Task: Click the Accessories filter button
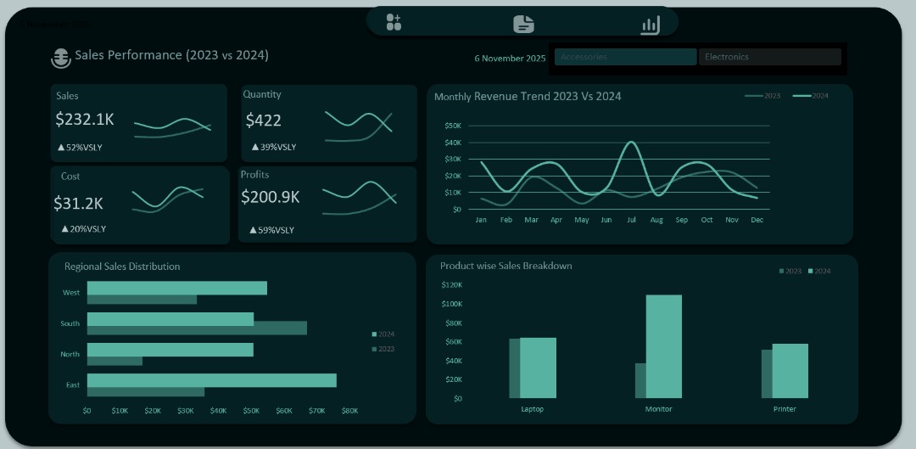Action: click(625, 57)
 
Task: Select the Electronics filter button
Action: click(770, 57)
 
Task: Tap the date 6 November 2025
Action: click(510, 59)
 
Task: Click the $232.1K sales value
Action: click(85, 120)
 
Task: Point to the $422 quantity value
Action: click(263, 121)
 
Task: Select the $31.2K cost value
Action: click(78, 204)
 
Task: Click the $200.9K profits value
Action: click(271, 197)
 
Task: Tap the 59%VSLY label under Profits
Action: click(272, 230)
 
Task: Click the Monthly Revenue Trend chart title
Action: click(528, 96)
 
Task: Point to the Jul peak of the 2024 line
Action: click(631, 143)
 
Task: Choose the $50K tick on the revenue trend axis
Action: click(453, 126)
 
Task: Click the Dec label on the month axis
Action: click(757, 220)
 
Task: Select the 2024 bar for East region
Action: click(211, 380)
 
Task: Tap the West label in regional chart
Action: click(71, 293)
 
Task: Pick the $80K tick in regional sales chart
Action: click(349, 411)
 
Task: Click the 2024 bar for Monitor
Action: click(663, 346)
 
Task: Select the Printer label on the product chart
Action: click(785, 409)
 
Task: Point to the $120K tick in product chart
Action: click(451, 285)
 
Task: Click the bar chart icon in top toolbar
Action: click(650, 25)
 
